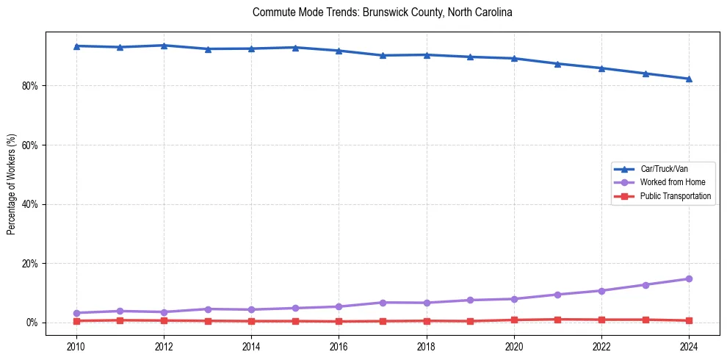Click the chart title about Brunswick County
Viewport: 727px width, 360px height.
coord(382,12)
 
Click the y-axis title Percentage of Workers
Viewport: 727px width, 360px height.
coord(12,184)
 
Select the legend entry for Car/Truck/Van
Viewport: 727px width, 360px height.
coord(664,168)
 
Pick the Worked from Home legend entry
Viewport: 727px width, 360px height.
coord(672,182)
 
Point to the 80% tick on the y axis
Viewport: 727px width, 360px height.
coord(30,86)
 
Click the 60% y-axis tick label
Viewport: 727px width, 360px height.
coord(30,145)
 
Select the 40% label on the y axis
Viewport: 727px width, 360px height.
coord(30,204)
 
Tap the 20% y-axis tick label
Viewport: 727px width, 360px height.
coord(30,264)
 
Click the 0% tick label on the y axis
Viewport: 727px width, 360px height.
coord(32,323)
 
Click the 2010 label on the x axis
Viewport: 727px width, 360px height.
coord(76,345)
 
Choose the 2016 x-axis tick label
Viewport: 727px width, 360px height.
coord(339,345)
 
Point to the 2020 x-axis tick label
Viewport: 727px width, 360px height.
coord(514,345)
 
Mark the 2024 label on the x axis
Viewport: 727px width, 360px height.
coord(689,345)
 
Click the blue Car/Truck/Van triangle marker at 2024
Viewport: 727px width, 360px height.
coord(689,79)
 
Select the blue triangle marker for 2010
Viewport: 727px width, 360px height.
coord(76,46)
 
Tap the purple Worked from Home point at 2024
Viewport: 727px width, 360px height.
coord(689,278)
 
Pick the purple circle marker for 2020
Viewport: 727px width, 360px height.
coord(514,299)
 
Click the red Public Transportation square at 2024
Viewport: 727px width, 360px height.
coord(689,320)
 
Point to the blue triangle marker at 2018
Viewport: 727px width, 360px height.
coord(426,54)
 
